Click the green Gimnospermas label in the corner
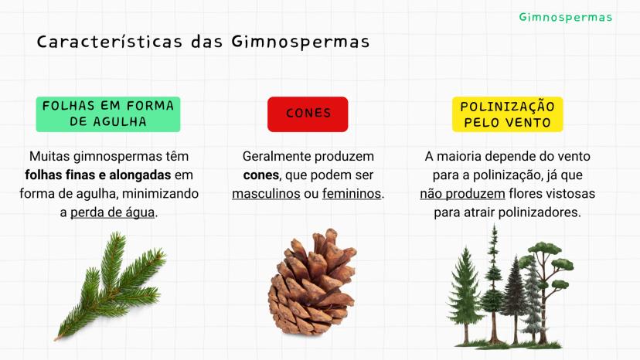[x=565, y=18]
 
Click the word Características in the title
[x=110, y=42]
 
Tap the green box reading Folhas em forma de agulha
[x=108, y=114]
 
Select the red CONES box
[x=308, y=114]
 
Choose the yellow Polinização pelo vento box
[x=507, y=114]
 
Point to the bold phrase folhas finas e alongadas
[x=98, y=175]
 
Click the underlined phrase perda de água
[x=113, y=212]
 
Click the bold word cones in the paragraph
[x=260, y=175]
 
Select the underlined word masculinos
[x=266, y=193]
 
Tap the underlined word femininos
[x=352, y=193]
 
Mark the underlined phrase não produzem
[x=462, y=193]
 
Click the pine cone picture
[x=312, y=282]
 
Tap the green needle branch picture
[x=111, y=286]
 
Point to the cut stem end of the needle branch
[x=56, y=338]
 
